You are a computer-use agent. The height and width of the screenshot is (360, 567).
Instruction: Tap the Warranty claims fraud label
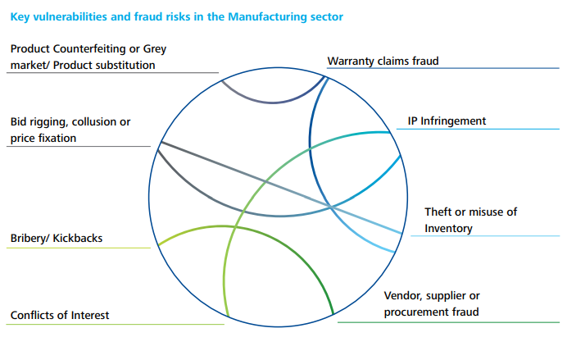pyautogui.click(x=383, y=61)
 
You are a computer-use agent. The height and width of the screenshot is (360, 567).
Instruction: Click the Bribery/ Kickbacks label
pyautogui.click(x=57, y=239)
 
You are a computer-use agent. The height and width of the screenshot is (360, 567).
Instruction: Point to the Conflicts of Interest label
pyautogui.click(x=60, y=315)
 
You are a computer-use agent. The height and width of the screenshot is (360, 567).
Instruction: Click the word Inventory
pyautogui.click(x=448, y=229)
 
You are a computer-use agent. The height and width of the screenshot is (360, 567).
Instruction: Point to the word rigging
pyautogui.click(x=47, y=122)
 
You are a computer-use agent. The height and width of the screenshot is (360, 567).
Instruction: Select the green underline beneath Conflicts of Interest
pyautogui.click(x=115, y=325)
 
